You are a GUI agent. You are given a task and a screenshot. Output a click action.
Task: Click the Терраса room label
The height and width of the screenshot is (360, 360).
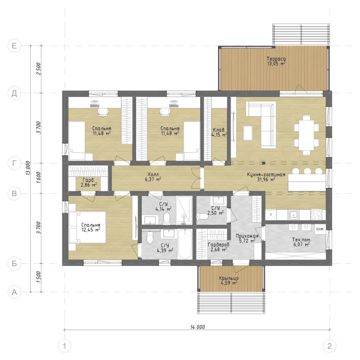[276, 59]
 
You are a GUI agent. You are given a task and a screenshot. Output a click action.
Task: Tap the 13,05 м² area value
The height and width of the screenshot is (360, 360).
[276, 64]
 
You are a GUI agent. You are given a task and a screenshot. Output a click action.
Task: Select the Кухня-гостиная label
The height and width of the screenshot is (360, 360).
[266, 174]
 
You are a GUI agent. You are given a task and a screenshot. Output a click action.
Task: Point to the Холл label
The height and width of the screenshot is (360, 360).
[153, 174]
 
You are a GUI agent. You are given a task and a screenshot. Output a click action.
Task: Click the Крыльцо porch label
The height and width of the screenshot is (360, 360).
[229, 278]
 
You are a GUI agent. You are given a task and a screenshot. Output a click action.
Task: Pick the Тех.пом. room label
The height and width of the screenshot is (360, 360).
[301, 240]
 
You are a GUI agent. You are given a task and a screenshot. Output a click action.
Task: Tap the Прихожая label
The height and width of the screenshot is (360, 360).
[247, 236]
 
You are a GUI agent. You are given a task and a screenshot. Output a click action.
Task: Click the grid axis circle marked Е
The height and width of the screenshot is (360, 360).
[14, 46]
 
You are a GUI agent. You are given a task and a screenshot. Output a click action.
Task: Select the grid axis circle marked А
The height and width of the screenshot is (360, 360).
[14, 292]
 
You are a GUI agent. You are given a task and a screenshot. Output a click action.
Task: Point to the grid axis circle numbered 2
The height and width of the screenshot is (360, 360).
[329, 346]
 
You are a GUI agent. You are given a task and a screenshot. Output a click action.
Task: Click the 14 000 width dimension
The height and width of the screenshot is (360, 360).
[197, 327]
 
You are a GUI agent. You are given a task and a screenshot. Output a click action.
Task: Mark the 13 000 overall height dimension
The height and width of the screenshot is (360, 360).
[28, 168]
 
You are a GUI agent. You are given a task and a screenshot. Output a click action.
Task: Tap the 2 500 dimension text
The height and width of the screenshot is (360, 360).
[39, 69]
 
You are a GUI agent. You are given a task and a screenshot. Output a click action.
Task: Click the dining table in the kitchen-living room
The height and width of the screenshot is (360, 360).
[306, 135]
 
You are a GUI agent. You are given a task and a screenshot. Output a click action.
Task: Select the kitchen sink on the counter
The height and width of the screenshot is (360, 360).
[293, 215]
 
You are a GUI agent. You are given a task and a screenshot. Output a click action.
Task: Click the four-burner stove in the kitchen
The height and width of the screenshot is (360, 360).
[316, 215]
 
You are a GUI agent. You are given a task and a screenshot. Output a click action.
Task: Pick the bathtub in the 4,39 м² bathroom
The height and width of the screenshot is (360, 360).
[185, 244]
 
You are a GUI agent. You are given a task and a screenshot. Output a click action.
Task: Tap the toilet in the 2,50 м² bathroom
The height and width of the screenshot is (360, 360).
[201, 216]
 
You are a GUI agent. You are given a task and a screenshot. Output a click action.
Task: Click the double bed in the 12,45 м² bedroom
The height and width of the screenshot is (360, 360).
[88, 227]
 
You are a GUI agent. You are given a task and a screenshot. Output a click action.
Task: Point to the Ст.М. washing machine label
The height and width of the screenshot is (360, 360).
[320, 229]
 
